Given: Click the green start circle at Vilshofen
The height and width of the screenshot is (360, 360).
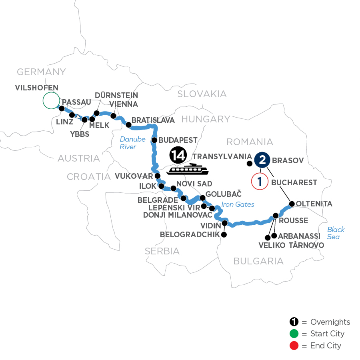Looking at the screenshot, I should tap(51, 100).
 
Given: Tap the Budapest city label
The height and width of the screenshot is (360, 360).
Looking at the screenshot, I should tap(178, 140).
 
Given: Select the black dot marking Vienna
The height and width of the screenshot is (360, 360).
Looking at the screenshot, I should tap(113, 116).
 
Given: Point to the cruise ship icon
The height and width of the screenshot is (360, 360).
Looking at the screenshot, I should tap(188, 170).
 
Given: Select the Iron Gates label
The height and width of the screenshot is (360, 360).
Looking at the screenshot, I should tap(238, 204).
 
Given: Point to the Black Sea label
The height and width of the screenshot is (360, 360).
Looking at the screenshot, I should tap(335, 233).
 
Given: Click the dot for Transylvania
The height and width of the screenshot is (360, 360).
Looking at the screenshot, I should tap(249, 163).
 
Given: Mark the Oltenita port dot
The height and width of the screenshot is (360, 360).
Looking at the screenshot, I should tap(292, 204).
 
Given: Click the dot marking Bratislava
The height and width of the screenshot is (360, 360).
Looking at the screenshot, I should tap(129, 125).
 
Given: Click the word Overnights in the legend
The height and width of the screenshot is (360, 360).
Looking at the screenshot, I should tap(330, 322).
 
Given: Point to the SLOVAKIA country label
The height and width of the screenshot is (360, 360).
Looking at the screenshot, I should tap(202, 94).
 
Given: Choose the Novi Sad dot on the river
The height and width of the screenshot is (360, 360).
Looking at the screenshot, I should tap(173, 188).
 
